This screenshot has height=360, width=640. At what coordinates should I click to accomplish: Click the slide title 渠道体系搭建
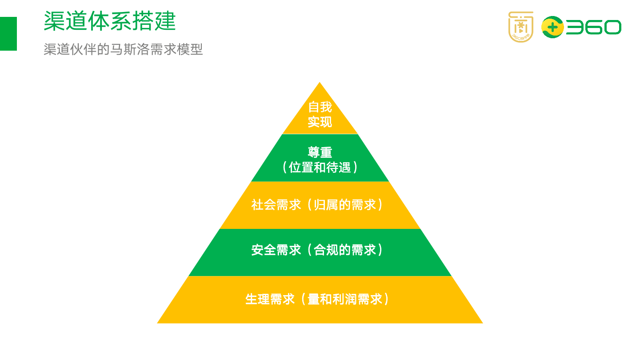pyautogui.click(x=110, y=21)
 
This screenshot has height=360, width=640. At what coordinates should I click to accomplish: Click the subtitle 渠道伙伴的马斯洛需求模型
pyautogui.click(x=123, y=49)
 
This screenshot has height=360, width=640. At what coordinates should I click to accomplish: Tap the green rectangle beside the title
pyautogui.click(x=8, y=34)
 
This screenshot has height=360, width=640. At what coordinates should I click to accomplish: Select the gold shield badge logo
pyautogui.click(x=520, y=27)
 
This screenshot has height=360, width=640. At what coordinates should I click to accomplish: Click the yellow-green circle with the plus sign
pyautogui.click(x=552, y=28)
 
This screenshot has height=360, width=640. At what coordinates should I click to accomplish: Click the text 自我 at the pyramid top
pyautogui.click(x=320, y=107)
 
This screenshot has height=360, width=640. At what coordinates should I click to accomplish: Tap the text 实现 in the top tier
pyautogui.click(x=320, y=122)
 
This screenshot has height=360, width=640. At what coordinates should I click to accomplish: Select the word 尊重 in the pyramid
pyautogui.click(x=320, y=152)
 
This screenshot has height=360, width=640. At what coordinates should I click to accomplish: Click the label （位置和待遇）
pyautogui.click(x=320, y=168)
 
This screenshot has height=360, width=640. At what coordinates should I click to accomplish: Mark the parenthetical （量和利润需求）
pyautogui.click(x=345, y=299)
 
